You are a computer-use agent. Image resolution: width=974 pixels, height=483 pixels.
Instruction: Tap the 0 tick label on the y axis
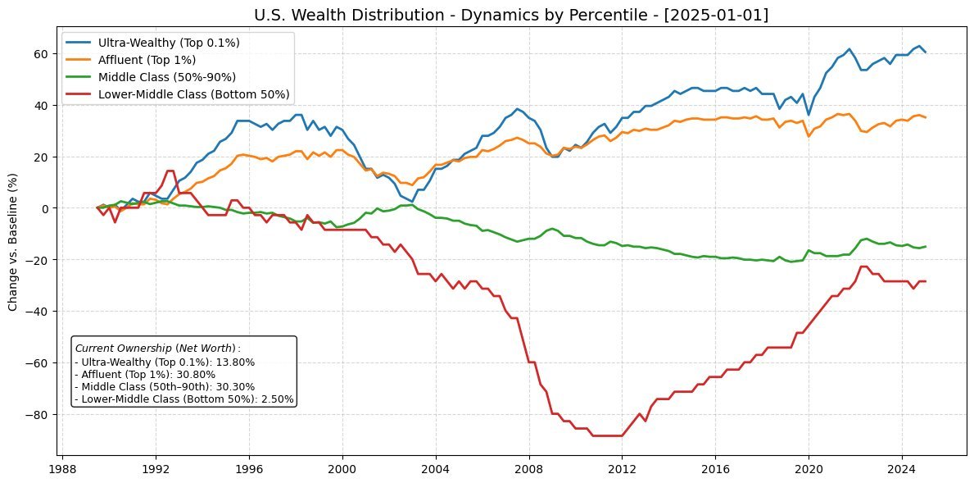45,208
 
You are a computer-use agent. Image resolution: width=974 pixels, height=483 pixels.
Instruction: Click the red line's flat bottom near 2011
606,435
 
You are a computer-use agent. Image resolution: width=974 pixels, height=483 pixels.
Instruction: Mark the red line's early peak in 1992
170,171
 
